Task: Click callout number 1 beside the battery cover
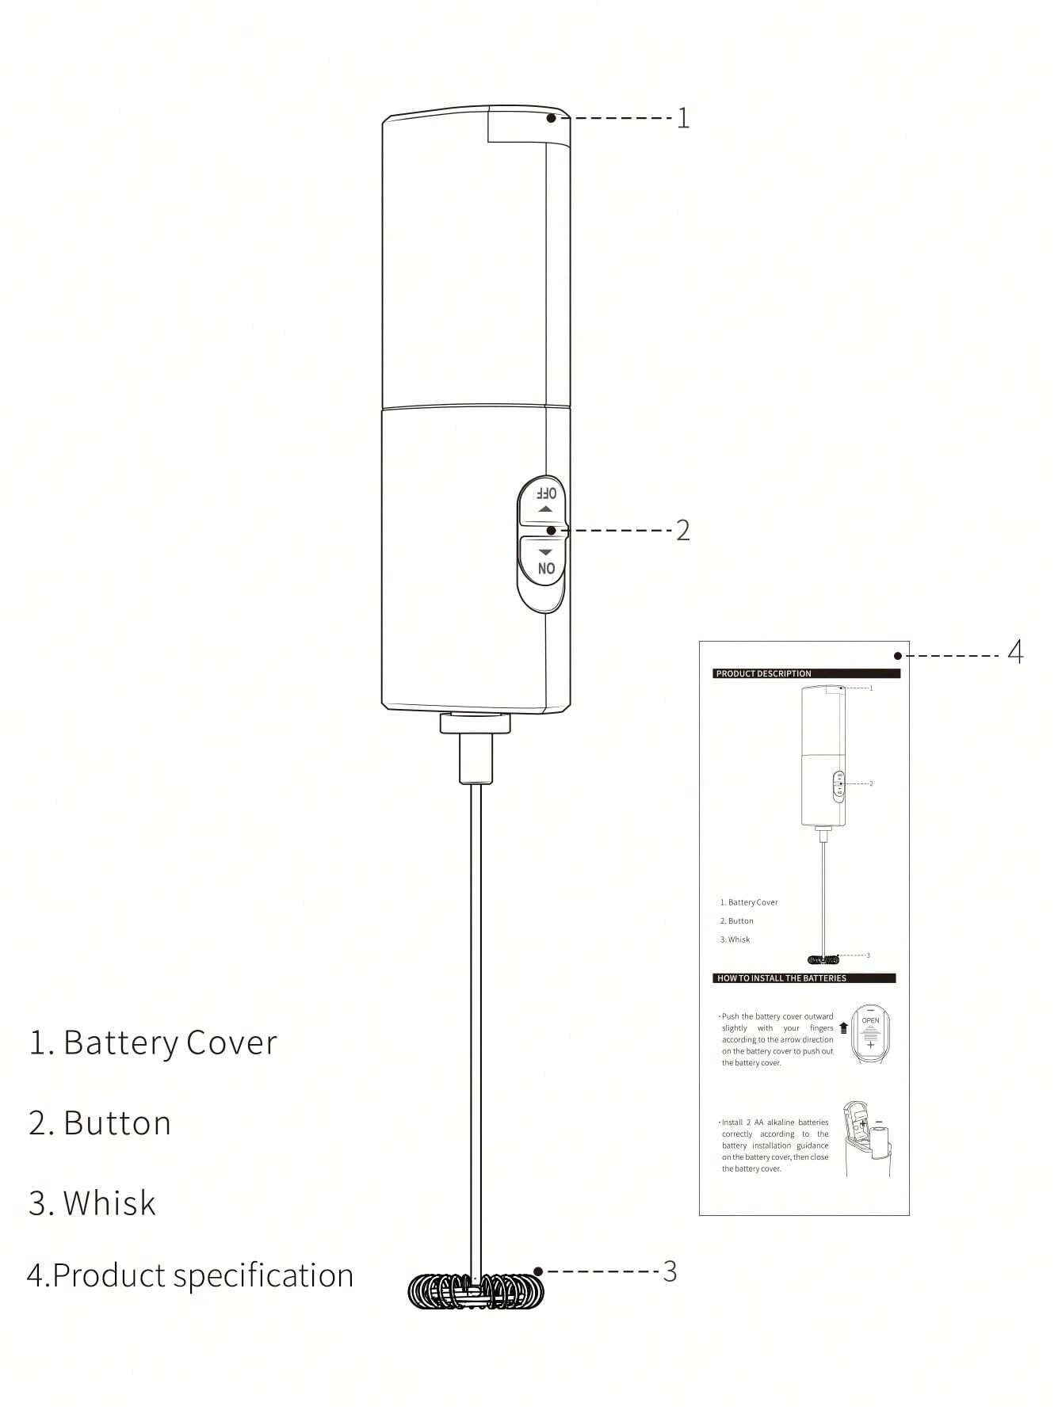point(682,119)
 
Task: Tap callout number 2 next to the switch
point(682,530)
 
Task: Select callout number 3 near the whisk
point(670,1271)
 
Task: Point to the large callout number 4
point(1015,653)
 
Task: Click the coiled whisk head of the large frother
point(476,1291)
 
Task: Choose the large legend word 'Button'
point(117,1123)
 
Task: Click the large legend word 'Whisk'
point(109,1202)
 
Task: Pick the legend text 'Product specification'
point(202,1275)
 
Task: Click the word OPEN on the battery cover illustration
point(870,1020)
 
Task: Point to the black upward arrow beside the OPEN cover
point(843,1027)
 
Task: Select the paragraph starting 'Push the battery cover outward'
point(777,1039)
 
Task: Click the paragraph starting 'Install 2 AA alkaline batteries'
point(774,1145)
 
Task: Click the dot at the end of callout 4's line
point(898,656)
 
